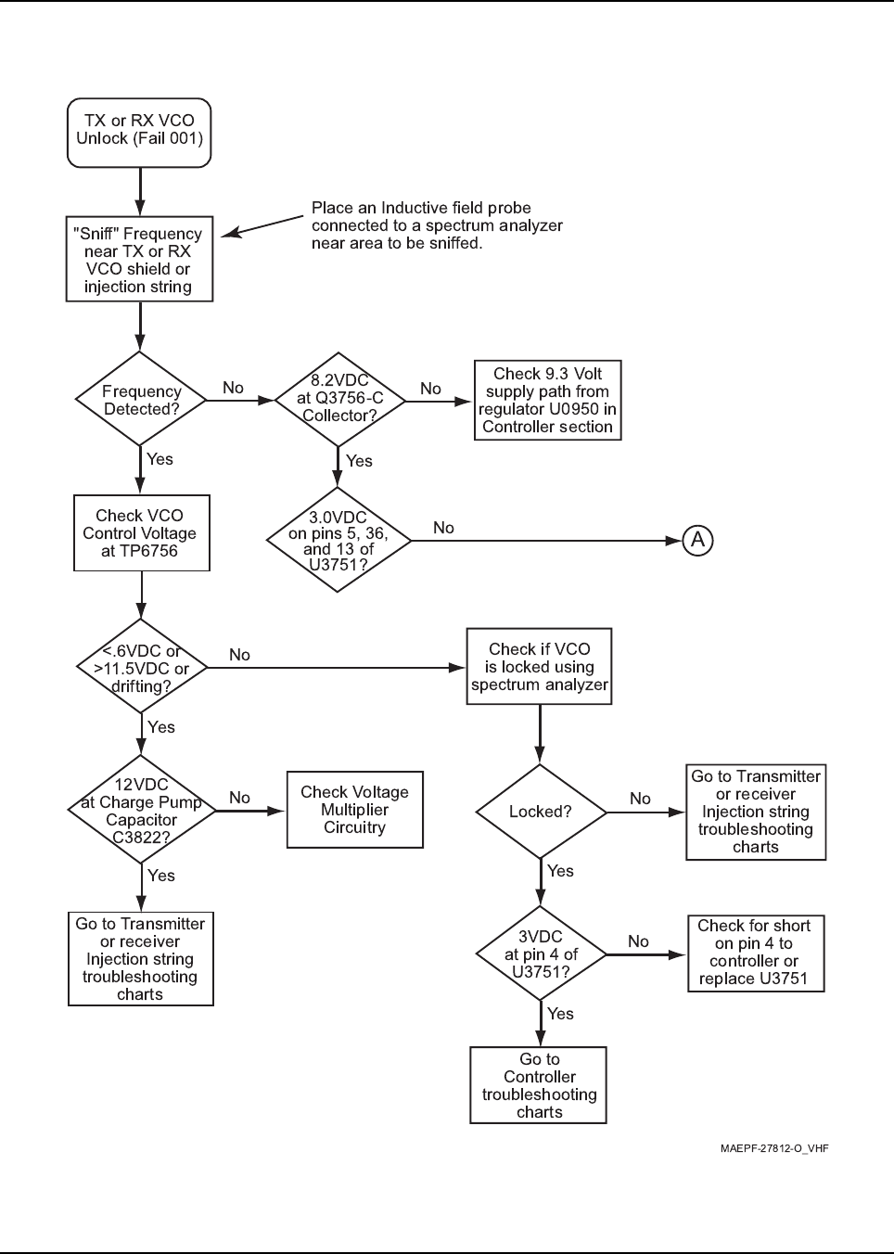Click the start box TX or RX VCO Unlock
click(139, 133)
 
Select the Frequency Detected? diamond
click(141, 399)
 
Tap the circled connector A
click(697, 540)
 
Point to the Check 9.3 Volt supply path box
click(547, 401)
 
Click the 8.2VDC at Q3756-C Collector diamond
click(338, 399)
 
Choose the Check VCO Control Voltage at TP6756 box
click(142, 533)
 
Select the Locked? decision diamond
click(541, 812)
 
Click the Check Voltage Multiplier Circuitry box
click(355, 810)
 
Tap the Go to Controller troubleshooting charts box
click(539, 1085)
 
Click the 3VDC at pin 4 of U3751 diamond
click(541, 953)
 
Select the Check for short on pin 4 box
click(756, 953)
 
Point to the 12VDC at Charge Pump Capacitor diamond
click(142, 810)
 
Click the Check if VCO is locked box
click(539, 666)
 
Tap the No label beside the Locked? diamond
click(640, 799)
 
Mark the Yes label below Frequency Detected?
click(160, 459)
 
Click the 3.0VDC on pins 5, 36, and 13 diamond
click(338, 540)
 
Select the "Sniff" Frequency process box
click(139, 259)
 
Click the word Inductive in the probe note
click(415, 208)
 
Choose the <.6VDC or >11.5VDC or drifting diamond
click(142, 666)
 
